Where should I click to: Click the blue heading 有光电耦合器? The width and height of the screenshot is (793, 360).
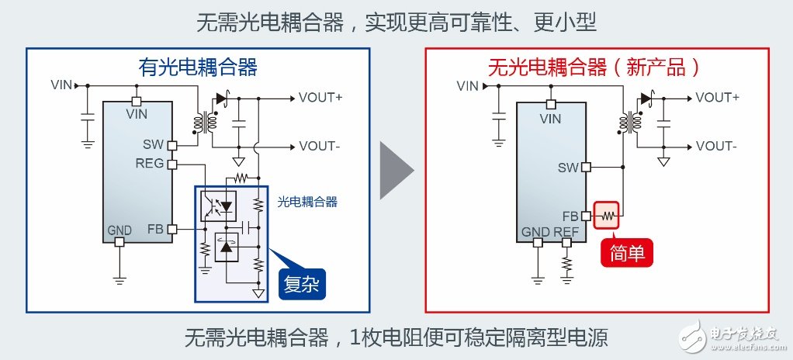click(197, 67)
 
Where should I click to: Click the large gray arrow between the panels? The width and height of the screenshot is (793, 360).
click(396, 170)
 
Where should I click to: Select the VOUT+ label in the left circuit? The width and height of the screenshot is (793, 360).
click(320, 98)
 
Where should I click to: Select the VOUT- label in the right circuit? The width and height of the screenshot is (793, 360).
click(717, 146)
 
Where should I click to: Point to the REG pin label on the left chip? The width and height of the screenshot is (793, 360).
click(149, 164)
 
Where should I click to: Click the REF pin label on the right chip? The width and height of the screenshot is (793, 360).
click(566, 231)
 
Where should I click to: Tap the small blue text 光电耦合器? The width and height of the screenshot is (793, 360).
click(307, 202)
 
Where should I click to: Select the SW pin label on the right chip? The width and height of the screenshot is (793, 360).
click(568, 167)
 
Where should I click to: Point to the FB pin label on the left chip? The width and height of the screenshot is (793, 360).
click(154, 230)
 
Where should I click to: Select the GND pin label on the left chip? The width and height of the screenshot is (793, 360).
click(119, 230)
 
